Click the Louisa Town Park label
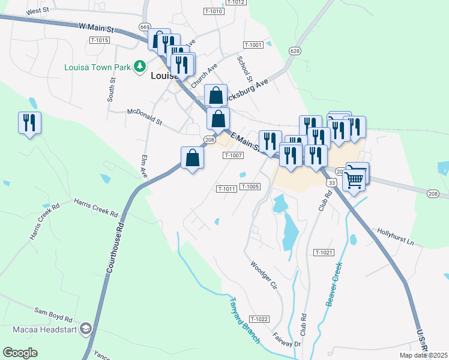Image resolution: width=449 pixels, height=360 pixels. (x=98, y=67)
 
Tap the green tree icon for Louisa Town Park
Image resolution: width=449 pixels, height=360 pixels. (x=139, y=65)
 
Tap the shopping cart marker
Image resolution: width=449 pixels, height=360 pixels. (x=354, y=178)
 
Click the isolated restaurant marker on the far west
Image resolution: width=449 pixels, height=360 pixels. (x=29, y=124)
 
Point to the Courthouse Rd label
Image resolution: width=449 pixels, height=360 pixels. (x=115, y=248)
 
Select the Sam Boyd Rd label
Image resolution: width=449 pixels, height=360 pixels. (x=53, y=311)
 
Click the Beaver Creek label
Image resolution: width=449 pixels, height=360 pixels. (x=334, y=284)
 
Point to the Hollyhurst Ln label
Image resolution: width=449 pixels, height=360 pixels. (x=396, y=236)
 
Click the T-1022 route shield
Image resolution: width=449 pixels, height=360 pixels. (x=259, y=319)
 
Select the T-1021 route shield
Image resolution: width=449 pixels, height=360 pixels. (x=323, y=253)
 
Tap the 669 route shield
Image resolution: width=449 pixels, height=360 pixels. (x=144, y=27)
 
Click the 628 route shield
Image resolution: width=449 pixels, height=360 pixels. (x=294, y=51)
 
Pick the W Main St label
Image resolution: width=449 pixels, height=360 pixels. (x=96, y=27)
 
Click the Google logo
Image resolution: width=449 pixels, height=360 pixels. (x=20, y=353)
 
